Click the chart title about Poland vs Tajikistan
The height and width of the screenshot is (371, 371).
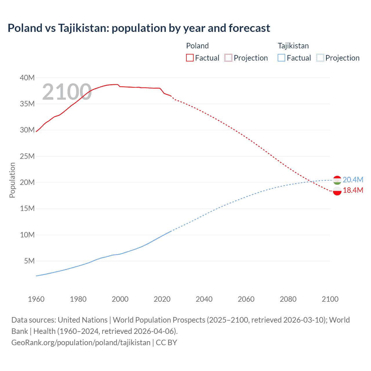pos(139,28)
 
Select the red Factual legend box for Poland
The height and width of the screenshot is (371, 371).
pos(190,58)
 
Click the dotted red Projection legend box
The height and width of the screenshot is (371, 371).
pos(228,58)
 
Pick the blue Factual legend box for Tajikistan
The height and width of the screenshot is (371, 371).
pos(281,58)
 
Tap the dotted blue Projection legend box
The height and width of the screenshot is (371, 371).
pos(320,58)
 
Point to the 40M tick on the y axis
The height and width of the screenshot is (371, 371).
pos(27,78)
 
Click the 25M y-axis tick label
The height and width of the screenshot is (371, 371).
pos(27,156)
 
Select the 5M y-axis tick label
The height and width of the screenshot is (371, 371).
pos(29,261)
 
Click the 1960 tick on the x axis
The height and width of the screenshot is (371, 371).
pos(36,299)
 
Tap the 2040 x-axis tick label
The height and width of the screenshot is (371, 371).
pos(204,299)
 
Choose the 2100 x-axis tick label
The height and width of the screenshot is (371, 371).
pos(330,299)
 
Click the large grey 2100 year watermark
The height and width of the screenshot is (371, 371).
pos(67,92)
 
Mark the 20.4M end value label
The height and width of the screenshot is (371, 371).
pos(353,180)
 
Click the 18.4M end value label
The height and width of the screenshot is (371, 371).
pos(353,190)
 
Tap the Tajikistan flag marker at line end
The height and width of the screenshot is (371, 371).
pos(337,180)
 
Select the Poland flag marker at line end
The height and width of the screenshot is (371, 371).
pos(337,191)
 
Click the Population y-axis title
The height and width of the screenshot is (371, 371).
pos(12,180)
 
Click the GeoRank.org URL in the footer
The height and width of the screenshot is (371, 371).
pos(81,343)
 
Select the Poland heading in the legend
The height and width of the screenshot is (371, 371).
pos(197,46)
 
